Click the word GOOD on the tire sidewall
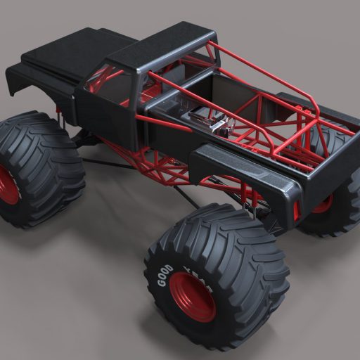[x=165, y=276]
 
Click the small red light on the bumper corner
[x=296, y=210]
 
